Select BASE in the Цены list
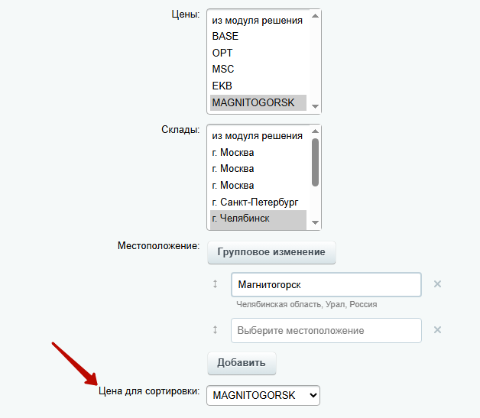click(225, 36)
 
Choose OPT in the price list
click(222, 53)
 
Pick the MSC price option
click(223, 69)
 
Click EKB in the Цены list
click(222, 86)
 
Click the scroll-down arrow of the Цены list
click(315, 106)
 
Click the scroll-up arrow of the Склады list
click(315, 131)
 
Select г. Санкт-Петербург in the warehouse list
click(255, 202)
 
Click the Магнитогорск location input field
click(326, 284)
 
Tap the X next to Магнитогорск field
click(437, 284)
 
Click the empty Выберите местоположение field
click(326, 330)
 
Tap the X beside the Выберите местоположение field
click(437, 330)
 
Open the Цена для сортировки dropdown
click(263, 395)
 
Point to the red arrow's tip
click(97, 384)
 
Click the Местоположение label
click(158, 246)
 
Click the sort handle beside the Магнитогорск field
click(216, 284)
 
